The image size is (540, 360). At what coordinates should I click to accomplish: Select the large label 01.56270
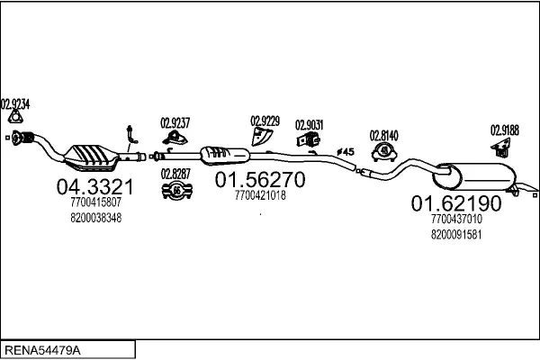point(260,180)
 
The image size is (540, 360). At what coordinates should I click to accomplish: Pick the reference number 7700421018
point(259,194)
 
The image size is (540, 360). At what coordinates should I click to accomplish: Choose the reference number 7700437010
point(456,219)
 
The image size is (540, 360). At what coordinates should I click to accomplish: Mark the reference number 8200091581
point(456,233)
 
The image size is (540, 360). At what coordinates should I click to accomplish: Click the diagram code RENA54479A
point(44,347)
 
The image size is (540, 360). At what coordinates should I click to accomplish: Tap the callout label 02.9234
point(14,103)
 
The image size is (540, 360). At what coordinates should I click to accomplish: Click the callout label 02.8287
point(175,173)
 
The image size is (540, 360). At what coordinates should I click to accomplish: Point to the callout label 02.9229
point(265,120)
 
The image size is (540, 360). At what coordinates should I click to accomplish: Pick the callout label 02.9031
point(309,124)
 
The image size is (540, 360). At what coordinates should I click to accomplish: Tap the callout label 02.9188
point(504,130)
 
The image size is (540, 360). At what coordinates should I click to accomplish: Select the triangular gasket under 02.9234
point(14,118)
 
